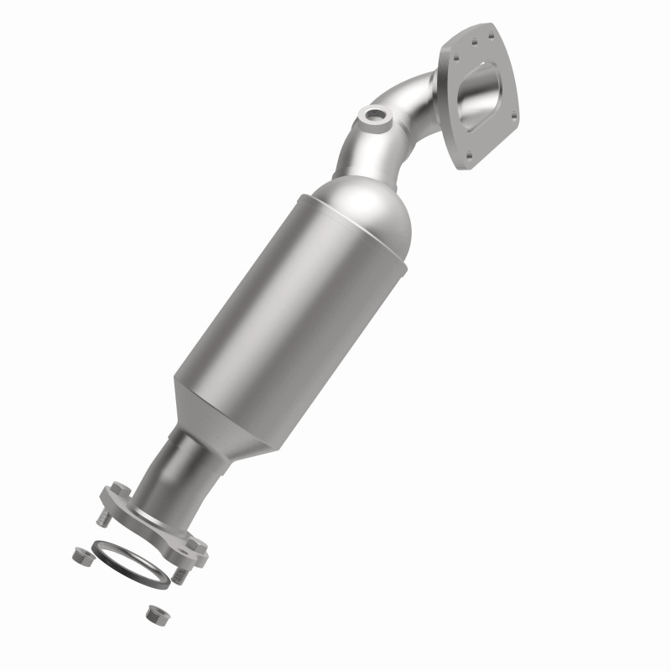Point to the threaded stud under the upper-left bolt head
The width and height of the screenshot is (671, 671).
tap(103, 520)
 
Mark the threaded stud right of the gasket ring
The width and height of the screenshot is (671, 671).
tap(179, 576)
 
